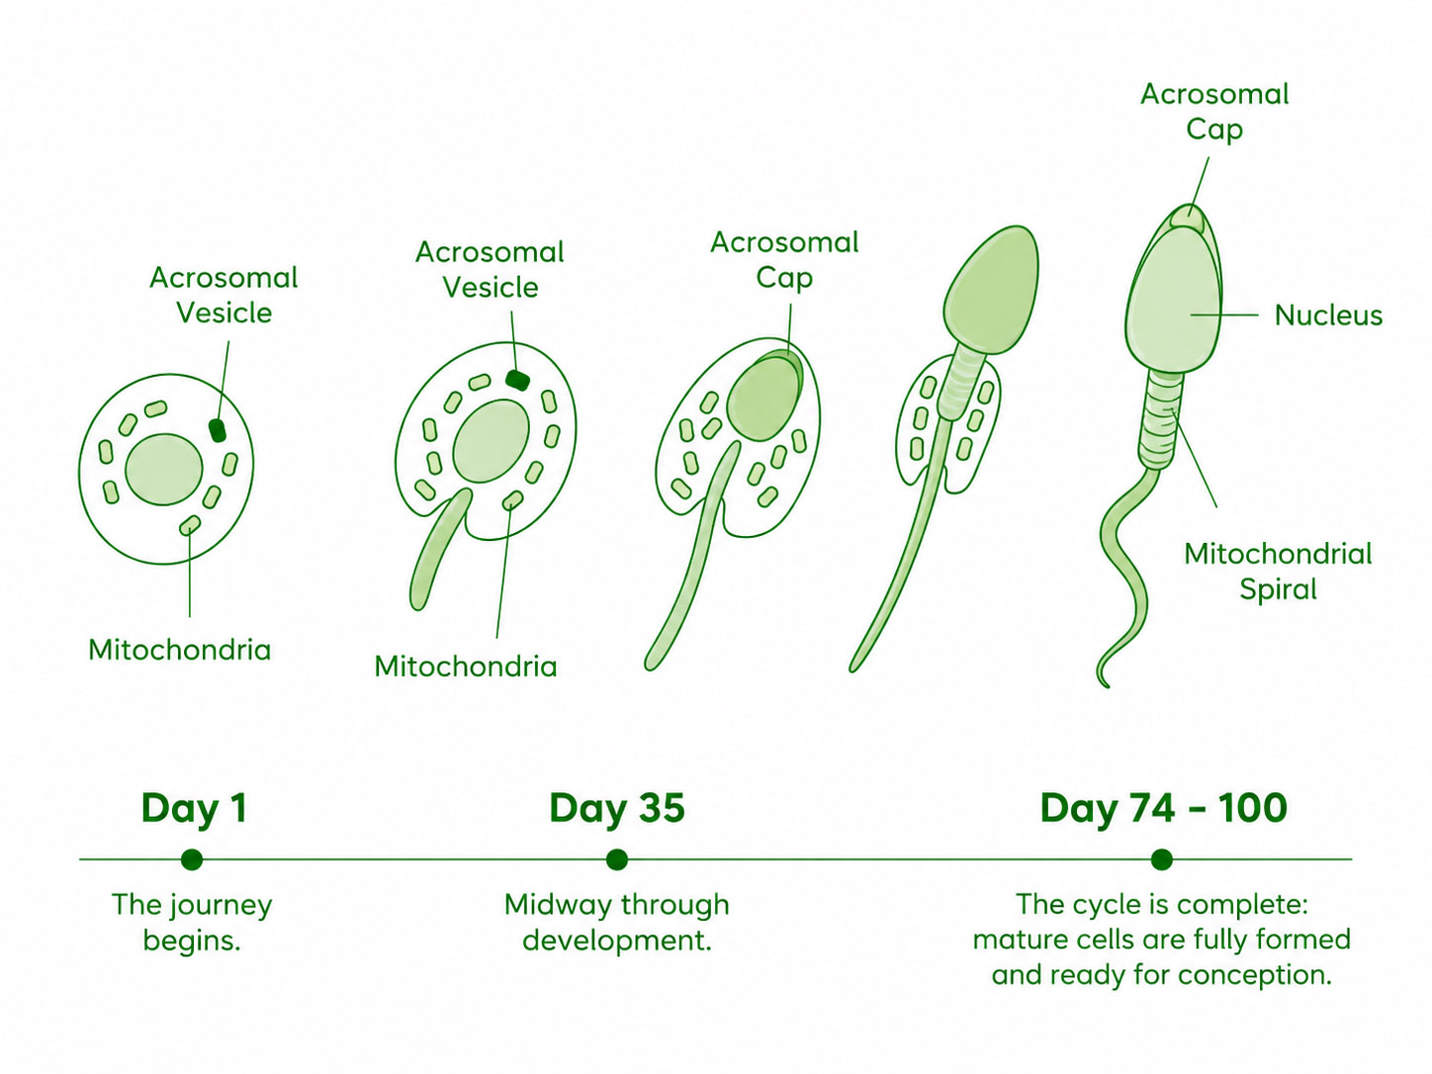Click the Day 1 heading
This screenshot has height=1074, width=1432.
click(x=194, y=809)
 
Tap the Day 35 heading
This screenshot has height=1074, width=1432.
click(x=617, y=809)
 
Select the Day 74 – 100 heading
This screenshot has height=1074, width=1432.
click(x=1163, y=809)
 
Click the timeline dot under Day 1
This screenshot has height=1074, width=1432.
click(x=192, y=859)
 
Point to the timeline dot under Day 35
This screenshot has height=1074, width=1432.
click(x=616, y=859)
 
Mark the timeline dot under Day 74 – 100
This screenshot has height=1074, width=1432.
click(x=1161, y=859)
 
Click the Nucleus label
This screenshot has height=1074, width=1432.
click(x=1328, y=315)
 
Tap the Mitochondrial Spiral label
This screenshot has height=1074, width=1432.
click(x=1278, y=572)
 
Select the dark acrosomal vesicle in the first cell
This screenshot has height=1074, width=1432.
click(x=218, y=430)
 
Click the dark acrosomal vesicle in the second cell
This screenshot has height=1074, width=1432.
click(x=517, y=380)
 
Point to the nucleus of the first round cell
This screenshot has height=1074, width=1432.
click(x=164, y=470)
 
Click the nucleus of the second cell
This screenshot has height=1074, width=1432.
click(x=492, y=441)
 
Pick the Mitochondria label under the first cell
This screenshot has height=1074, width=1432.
click(x=179, y=650)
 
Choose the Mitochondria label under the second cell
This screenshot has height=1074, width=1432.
click(x=465, y=668)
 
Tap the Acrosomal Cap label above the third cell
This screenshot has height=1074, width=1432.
click(x=784, y=260)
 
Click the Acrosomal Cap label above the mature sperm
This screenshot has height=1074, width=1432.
click(x=1214, y=112)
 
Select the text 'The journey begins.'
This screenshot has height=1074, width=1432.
click(x=192, y=923)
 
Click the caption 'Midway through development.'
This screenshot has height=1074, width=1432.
click(x=616, y=923)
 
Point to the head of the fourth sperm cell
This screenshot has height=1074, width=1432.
click(x=992, y=291)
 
